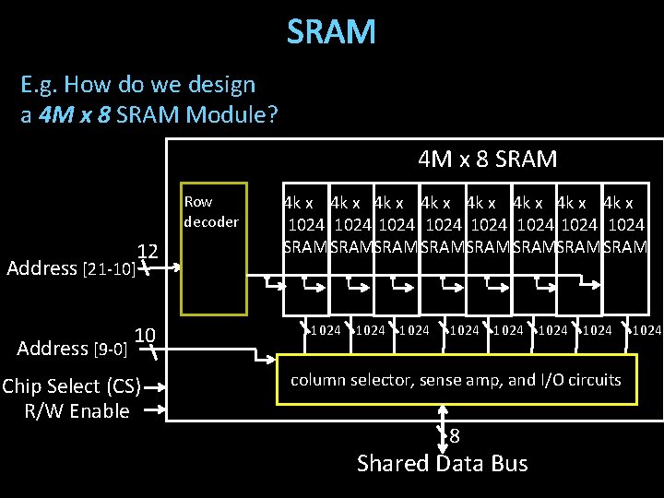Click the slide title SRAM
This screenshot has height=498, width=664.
pyautogui.click(x=331, y=32)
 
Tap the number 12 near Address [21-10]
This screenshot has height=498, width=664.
pyautogui.click(x=148, y=252)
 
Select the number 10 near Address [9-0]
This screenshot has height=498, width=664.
pyautogui.click(x=146, y=334)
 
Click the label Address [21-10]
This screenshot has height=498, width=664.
pyautogui.click(x=71, y=268)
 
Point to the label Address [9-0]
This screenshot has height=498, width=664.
pyautogui.click(x=71, y=349)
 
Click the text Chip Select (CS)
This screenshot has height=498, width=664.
pyautogui.click(x=71, y=385)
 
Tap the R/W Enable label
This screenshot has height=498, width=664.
pyautogui.click(x=77, y=411)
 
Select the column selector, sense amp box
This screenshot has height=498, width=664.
pyautogui.click(x=456, y=380)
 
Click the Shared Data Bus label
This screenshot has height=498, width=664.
pyautogui.click(x=442, y=463)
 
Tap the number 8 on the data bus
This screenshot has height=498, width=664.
pyautogui.click(x=455, y=436)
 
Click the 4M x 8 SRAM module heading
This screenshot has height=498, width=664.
pyautogui.click(x=487, y=160)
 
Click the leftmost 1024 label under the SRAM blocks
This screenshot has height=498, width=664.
pyautogui.click(x=325, y=330)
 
